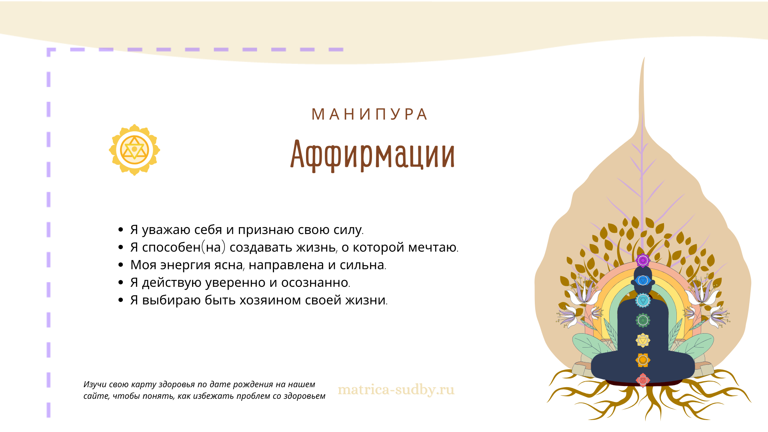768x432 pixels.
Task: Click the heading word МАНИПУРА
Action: point(369,114)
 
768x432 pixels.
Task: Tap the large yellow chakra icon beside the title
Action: point(134,150)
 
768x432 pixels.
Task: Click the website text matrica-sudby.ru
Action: point(396,389)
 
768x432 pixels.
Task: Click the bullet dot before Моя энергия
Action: point(121,265)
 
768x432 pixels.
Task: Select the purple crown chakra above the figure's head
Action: point(643,261)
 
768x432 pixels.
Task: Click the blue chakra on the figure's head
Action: point(643,280)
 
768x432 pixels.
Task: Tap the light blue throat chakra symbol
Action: point(643,300)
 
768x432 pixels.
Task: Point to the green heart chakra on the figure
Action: point(643,320)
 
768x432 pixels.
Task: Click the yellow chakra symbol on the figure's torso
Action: point(643,340)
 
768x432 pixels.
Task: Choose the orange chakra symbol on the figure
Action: point(643,360)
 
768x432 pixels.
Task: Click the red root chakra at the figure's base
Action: point(643,380)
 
